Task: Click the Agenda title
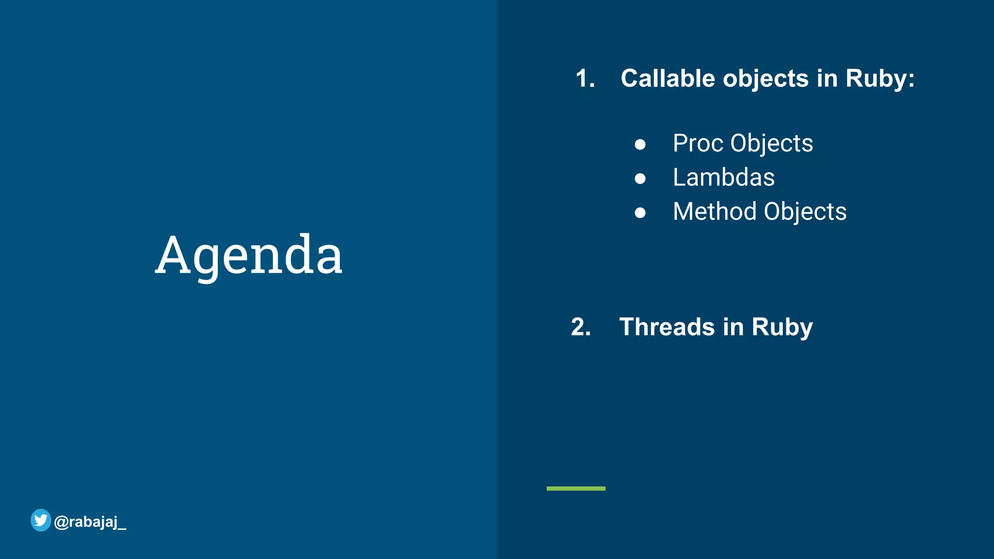248,255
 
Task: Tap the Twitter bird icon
41,520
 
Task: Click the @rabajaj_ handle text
90,522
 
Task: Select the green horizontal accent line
576,488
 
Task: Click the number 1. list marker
585,79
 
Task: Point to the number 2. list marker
581,327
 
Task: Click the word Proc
698,144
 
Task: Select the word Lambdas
724,178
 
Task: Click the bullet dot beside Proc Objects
640,145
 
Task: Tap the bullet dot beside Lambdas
640,179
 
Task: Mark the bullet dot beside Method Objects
640,213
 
